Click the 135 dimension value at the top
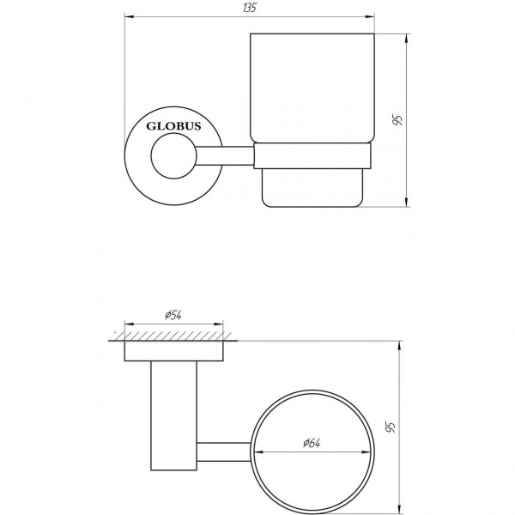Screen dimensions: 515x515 (x=250, y=8)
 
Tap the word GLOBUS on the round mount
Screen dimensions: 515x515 (x=173, y=125)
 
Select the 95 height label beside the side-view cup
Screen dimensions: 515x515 (x=397, y=119)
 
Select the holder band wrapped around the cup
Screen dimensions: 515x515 (x=312, y=156)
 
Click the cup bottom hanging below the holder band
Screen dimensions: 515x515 (x=312, y=186)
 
